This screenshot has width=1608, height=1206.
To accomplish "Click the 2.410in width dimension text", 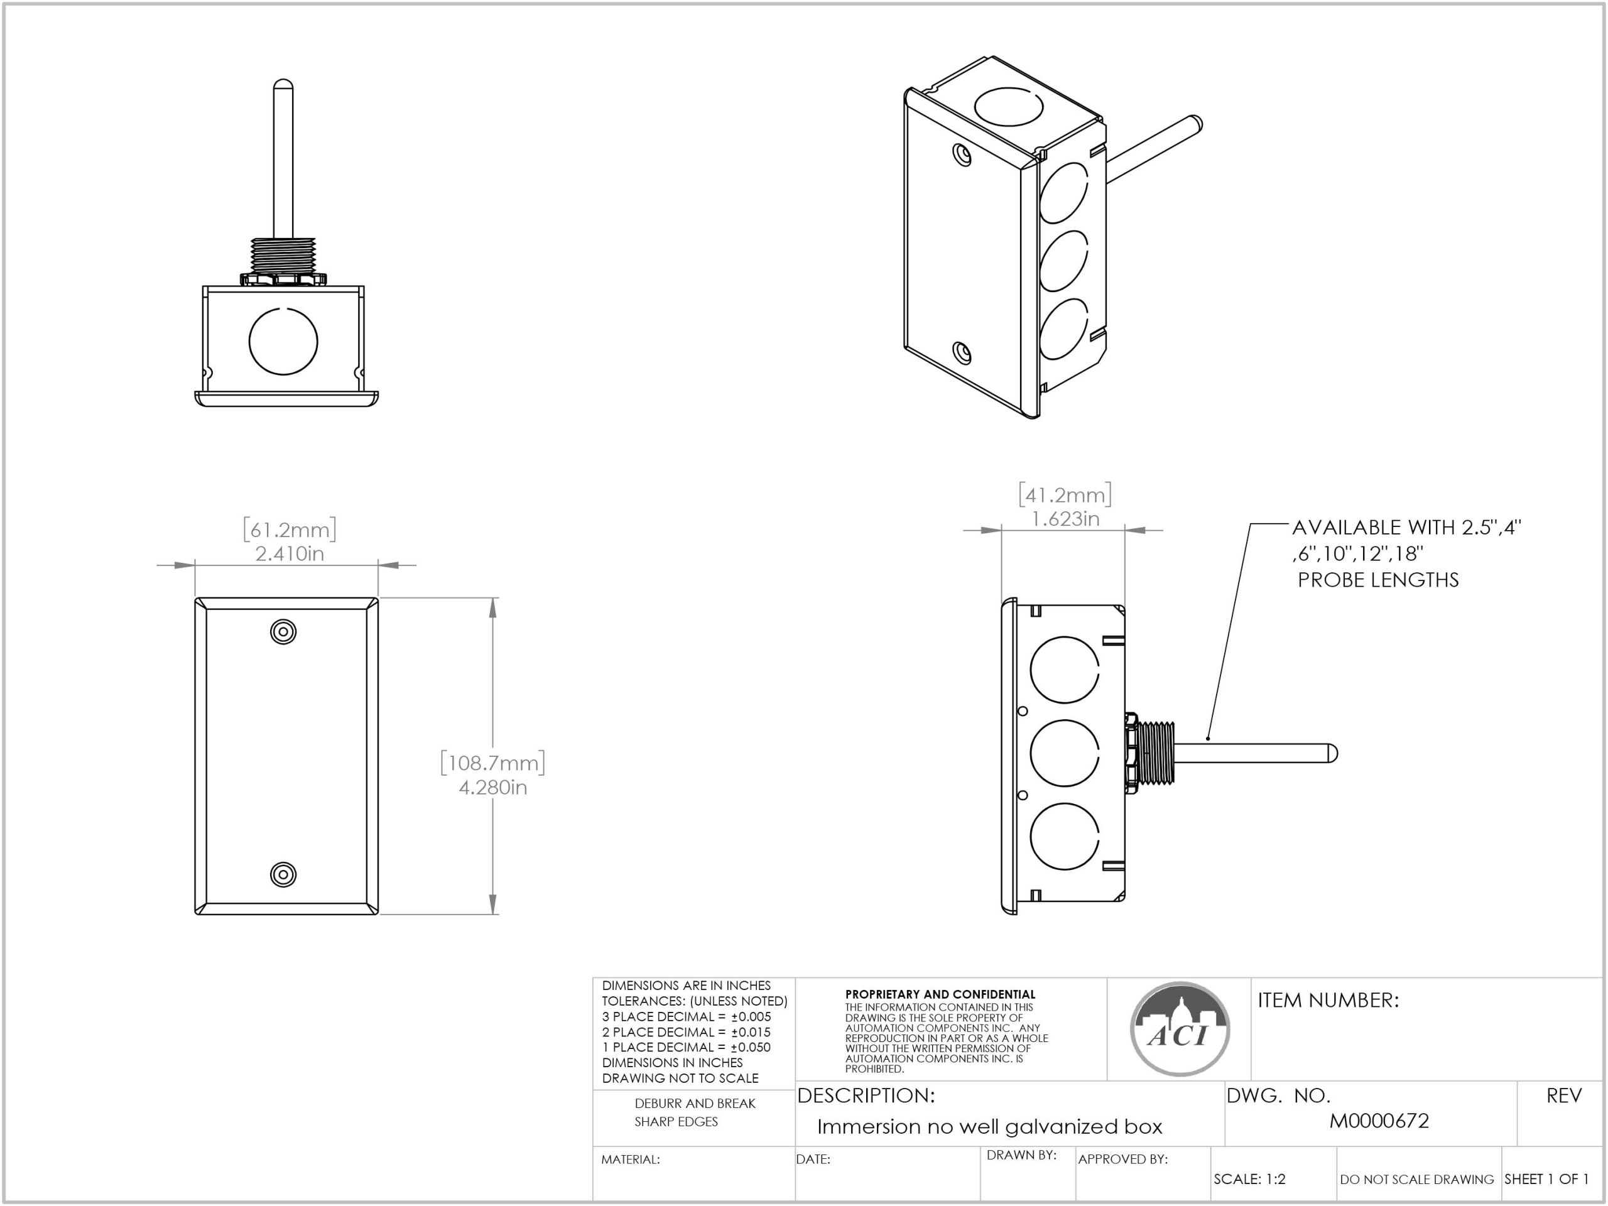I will (290, 554).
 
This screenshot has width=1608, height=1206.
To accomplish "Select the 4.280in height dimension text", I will (493, 787).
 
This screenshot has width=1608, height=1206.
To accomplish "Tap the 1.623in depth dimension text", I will (1065, 519).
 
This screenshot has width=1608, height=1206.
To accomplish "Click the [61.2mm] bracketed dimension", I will (290, 530).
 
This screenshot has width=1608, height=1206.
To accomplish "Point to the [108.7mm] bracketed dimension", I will (493, 763).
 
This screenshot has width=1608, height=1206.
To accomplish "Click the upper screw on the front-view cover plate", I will (283, 631).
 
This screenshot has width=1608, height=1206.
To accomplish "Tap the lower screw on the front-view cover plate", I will (283, 874).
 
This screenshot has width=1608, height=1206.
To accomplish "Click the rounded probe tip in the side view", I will (1332, 754).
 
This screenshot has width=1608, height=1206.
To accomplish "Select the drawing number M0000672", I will (1379, 1121).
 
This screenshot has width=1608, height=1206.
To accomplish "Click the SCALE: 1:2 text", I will (1249, 1179).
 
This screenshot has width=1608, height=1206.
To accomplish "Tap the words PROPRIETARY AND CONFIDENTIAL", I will (940, 994).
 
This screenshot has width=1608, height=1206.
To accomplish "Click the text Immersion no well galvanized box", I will (989, 1127).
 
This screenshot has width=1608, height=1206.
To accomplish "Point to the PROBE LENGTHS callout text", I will (1378, 580).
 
